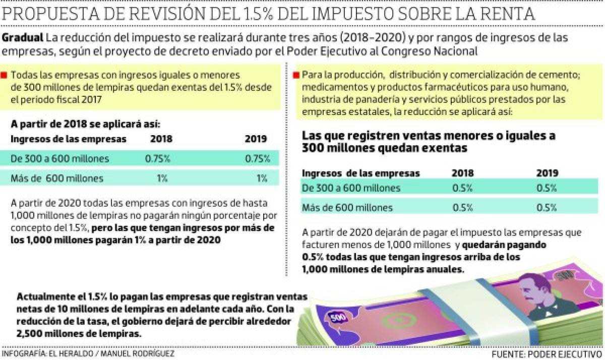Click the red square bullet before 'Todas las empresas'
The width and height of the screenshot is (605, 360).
[5, 75]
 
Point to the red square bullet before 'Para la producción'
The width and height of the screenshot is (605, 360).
[297, 75]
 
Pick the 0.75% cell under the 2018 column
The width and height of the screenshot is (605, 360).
[158, 158]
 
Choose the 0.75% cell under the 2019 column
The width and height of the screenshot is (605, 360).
[257, 158]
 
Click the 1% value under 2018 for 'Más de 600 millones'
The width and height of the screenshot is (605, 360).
[162, 177]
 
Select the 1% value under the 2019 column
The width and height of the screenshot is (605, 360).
[261, 177]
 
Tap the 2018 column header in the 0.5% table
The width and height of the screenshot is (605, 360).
[462, 173]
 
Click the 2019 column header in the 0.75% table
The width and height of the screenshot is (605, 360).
[256, 139]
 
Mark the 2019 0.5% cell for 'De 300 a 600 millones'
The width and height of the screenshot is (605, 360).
[547, 188]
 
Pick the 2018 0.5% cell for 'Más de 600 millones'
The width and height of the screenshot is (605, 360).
[462, 207]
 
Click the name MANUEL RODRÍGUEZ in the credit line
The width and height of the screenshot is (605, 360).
[138, 353]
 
